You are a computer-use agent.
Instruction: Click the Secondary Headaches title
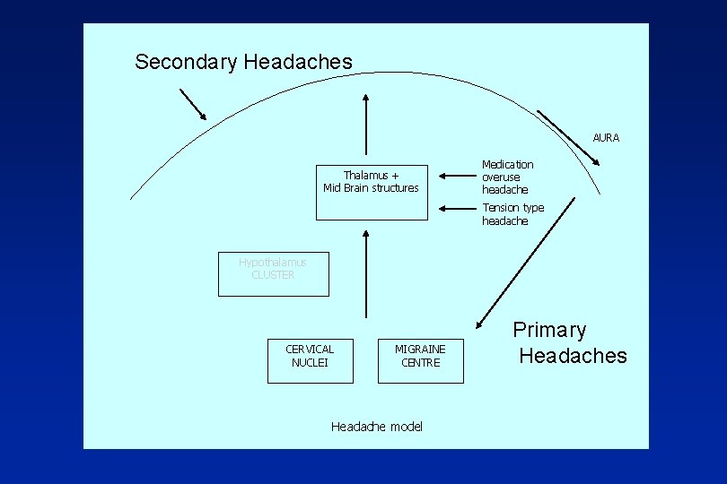tap(243, 62)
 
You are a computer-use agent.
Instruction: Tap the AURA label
tap(606, 138)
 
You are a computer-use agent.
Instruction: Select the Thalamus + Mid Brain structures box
tap(371, 181)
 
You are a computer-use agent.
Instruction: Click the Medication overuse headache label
tap(507, 177)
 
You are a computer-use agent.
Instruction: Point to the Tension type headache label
tap(512, 214)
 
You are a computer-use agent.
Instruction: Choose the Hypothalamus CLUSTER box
tap(273, 273)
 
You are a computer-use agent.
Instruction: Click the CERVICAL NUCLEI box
tap(310, 359)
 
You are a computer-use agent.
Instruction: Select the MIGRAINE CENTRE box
tap(420, 359)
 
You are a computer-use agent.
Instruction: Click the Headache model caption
tap(376, 427)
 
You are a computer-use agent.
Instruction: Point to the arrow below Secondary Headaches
tap(192, 104)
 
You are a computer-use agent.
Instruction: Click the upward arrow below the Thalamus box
tap(366, 273)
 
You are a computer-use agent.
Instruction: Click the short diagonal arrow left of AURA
tap(569, 138)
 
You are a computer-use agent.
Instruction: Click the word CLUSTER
tap(273, 275)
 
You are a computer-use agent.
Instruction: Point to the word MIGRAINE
tap(420, 349)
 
